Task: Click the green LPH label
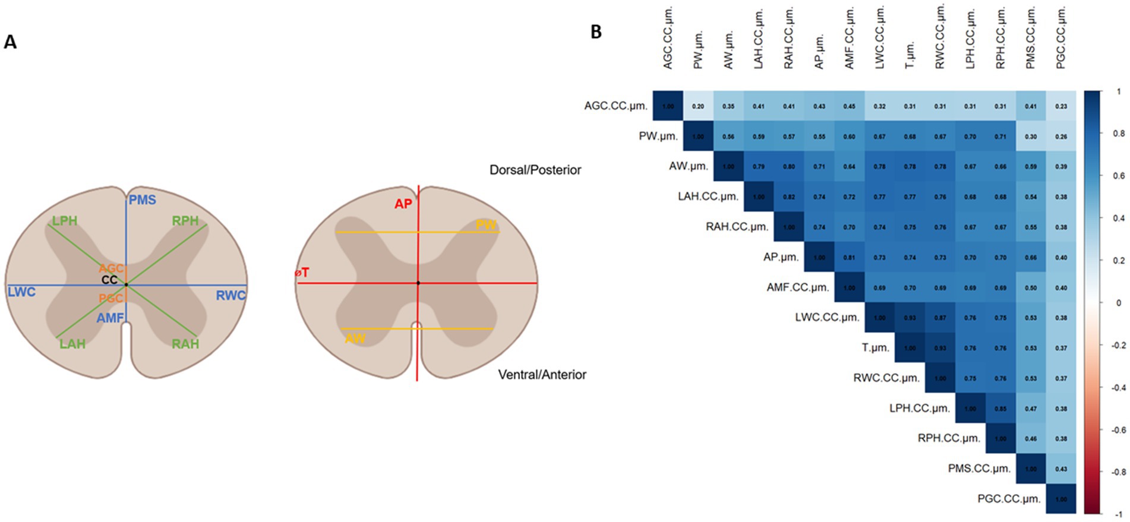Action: point(64,221)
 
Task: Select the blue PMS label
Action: point(143,200)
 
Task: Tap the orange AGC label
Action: point(111,268)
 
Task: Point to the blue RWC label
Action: point(231,295)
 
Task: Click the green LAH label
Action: point(72,344)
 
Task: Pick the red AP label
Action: point(403,204)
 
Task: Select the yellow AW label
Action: point(355,338)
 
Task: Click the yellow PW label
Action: point(485,225)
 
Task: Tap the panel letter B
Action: point(596,32)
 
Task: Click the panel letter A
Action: point(10,42)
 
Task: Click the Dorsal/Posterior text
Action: point(535,170)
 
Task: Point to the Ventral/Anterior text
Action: point(542,375)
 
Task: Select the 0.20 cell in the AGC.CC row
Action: point(698,106)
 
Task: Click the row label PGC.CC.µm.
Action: point(1009,499)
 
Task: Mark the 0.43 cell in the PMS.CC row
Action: point(1060,469)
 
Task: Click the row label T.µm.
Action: point(875,347)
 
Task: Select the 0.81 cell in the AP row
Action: point(849,258)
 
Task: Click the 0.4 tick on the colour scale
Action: point(1118,218)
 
